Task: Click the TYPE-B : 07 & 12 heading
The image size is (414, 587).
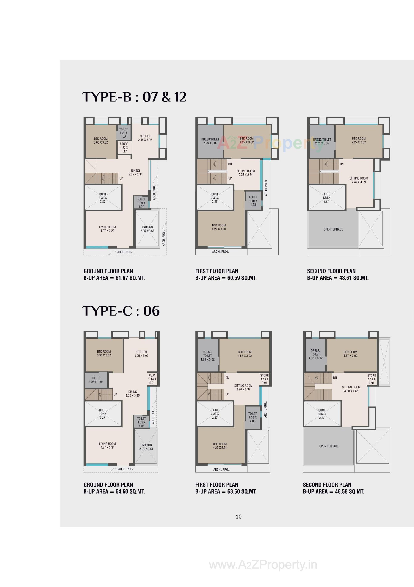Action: coord(134,97)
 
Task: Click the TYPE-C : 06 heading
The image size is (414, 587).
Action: coord(121,311)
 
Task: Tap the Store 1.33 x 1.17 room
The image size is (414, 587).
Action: coord(124,147)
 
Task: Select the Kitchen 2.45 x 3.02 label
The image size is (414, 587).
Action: coord(145,138)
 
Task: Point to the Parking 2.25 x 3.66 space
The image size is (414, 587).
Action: coord(147,229)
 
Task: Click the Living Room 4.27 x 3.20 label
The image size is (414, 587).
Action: coord(107,229)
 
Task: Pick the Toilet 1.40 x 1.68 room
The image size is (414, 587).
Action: coord(253,201)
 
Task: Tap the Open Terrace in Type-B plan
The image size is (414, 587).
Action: coord(333,229)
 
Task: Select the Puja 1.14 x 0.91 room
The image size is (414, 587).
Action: coord(152,379)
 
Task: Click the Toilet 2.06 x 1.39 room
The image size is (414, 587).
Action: coord(96,380)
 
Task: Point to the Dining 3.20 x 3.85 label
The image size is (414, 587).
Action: coord(132,393)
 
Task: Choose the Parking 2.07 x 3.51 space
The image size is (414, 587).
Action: coord(146,447)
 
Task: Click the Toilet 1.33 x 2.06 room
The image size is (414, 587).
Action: coord(252,417)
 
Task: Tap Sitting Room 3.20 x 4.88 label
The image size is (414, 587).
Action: coord(351,389)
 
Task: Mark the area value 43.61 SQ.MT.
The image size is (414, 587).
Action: coord(354,278)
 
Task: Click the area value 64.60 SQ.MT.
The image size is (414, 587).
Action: coord(130,491)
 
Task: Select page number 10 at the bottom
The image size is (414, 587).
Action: coord(238,516)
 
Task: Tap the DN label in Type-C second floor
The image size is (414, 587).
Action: coord(335,378)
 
